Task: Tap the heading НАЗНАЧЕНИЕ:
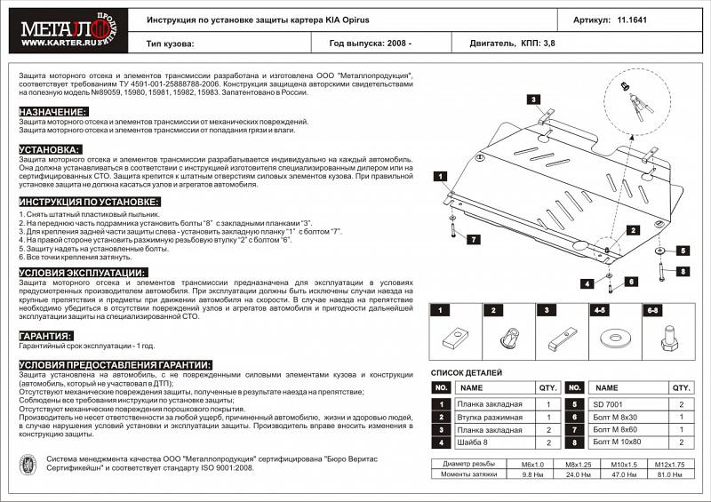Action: [52, 111]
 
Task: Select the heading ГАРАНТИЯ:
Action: [45, 337]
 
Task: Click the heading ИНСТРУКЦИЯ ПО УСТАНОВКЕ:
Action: [89, 203]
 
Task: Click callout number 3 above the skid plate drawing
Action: [535, 100]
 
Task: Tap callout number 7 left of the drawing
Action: [474, 240]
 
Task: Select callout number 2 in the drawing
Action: [632, 229]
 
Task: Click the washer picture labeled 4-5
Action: [611, 338]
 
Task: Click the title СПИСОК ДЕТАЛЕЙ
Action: [466, 372]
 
